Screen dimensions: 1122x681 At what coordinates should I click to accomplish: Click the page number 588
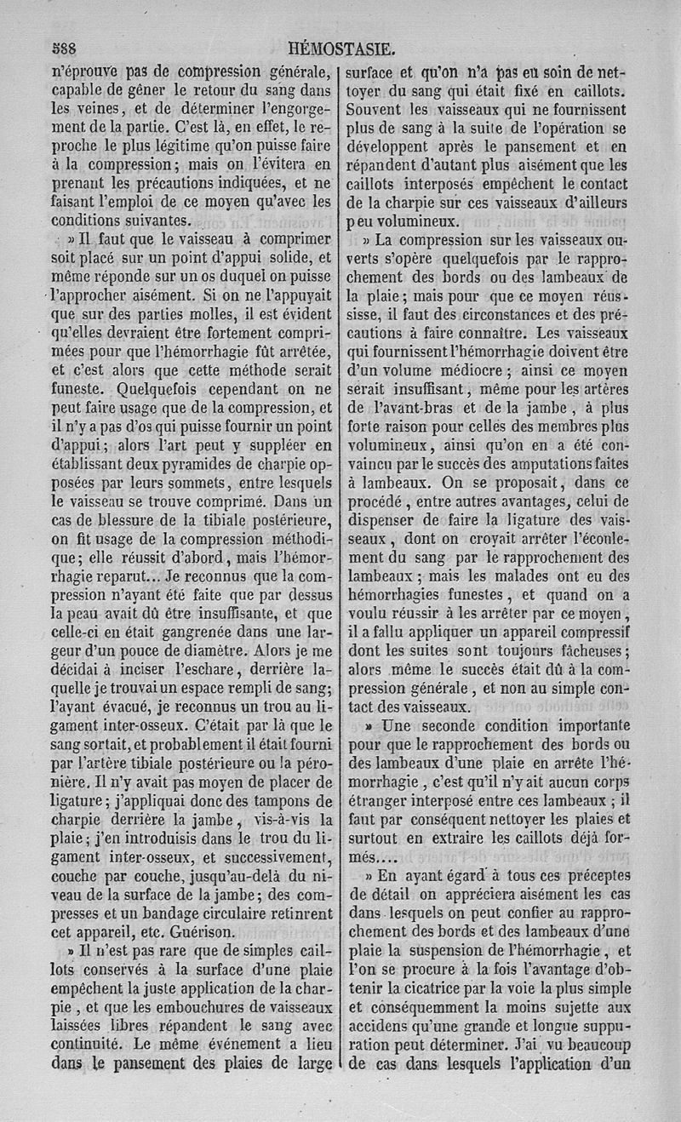(65, 50)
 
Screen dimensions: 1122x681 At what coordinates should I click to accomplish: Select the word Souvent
(380, 110)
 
